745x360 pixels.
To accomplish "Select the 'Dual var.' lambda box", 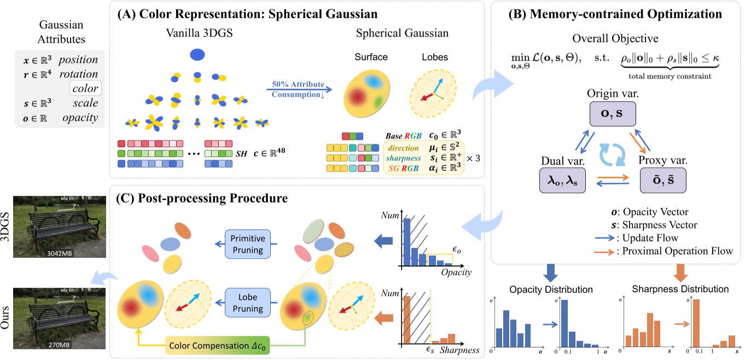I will (x=563, y=180).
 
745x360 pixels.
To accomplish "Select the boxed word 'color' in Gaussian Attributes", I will (x=85, y=89).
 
